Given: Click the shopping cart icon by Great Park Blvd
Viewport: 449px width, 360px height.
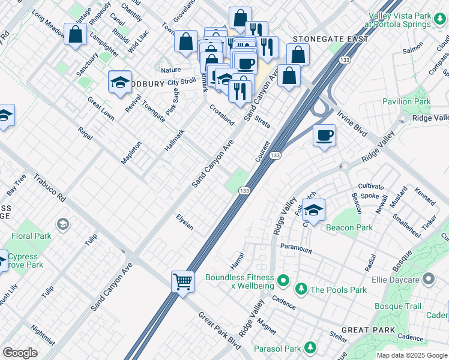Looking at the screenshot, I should [182, 281].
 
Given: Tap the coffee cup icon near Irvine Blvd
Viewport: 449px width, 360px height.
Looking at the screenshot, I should [324, 136].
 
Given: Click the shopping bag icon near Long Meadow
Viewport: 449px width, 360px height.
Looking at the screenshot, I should [76, 34].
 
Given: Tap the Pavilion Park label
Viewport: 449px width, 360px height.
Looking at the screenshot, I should [406, 102].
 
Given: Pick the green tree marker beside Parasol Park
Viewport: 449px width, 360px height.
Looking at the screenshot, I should [310, 348].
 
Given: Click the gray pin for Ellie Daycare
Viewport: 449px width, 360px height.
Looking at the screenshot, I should [429, 278].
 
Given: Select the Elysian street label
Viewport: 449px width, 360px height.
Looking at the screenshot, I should [185, 222].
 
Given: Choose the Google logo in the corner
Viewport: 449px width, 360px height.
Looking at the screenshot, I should [20, 353].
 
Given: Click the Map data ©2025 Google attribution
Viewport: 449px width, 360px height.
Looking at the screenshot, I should [411, 355].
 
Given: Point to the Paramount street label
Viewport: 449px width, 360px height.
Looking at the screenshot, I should [296, 248].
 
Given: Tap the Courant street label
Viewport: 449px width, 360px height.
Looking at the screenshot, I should [262, 152].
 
